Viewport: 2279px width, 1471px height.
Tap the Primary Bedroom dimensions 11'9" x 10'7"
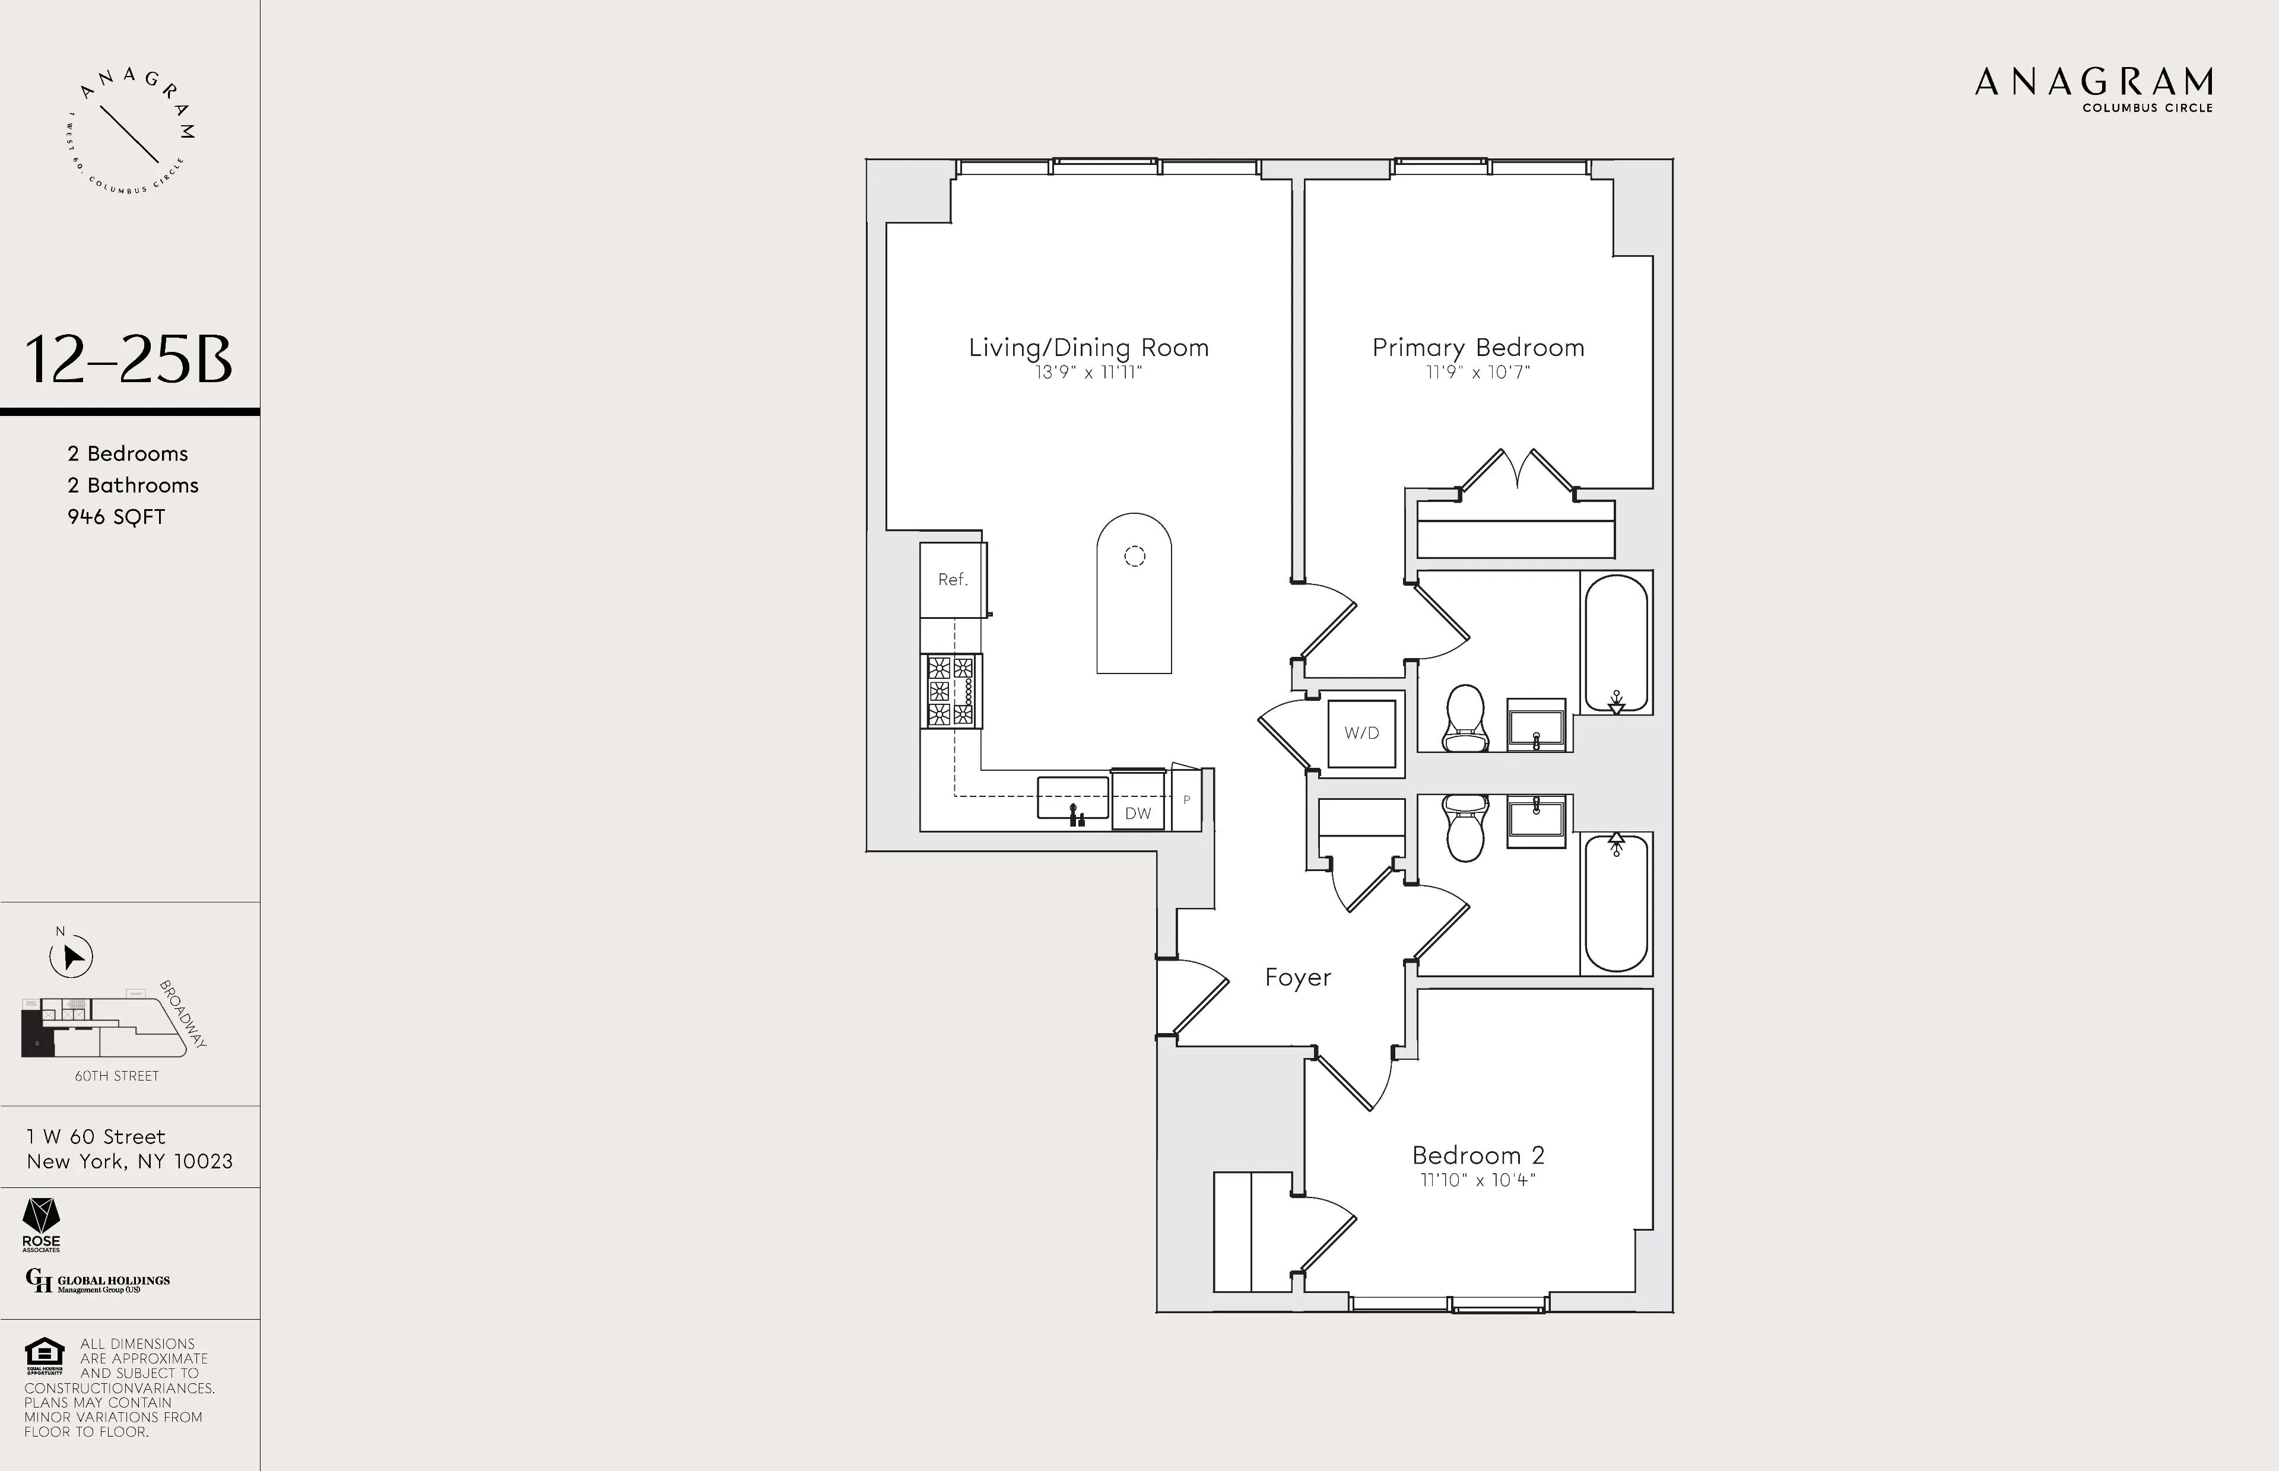pyautogui.click(x=1478, y=373)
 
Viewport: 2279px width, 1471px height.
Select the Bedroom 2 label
pyautogui.click(x=1478, y=1155)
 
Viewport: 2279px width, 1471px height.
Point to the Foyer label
pyautogui.click(x=1297, y=977)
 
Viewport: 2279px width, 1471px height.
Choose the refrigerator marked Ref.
pyautogui.click(x=953, y=580)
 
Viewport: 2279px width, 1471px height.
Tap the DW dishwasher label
pyautogui.click(x=1138, y=813)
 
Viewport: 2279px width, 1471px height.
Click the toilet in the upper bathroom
pyautogui.click(x=1465, y=719)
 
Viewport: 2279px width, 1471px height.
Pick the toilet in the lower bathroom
pyautogui.click(x=1465, y=828)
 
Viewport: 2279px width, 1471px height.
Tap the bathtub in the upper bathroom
pyautogui.click(x=1616, y=643)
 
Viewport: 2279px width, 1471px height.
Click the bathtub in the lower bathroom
pyautogui.click(x=1616, y=903)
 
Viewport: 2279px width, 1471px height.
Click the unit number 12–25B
pyautogui.click(x=128, y=360)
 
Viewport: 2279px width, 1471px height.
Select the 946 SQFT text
pyautogui.click(x=116, y=517)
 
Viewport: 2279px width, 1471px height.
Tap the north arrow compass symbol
pyautogui.click(x=71, y=956)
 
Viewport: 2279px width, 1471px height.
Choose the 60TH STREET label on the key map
pyautogui.click(x=116, y=1076)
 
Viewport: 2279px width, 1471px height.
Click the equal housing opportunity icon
pyautogui.click(x=44, y=1355)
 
